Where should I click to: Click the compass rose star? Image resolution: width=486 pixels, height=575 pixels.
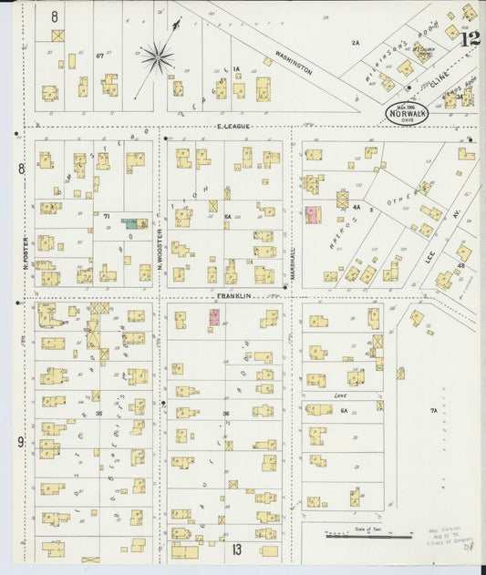[x=157, y=59]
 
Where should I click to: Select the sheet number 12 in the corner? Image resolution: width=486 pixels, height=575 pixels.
[x=470, y=38]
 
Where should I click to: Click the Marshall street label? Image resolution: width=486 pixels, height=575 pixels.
[x=293, y=262]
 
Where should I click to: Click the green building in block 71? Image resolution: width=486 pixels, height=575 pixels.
[x=133, y=222]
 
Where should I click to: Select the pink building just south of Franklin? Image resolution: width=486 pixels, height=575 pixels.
[x=215, y=317]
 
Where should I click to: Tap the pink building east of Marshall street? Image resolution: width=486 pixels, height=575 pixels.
[x=312, y=215]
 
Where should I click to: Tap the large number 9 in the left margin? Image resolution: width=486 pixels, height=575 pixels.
[x=19, y=443]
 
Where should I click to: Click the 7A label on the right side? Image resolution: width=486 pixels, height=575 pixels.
[x=434, y=412]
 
